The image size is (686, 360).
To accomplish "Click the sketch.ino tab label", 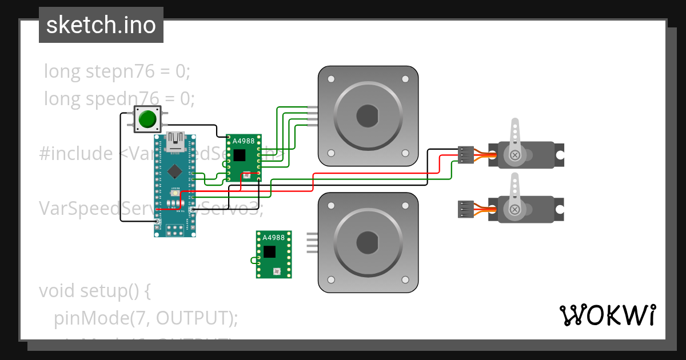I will click(101, 25).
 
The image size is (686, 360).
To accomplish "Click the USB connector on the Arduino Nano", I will click(175, 140).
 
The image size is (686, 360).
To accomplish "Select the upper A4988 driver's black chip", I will click(239, 155).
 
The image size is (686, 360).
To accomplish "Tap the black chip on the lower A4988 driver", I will click(269, 251).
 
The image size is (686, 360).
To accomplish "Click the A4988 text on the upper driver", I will click(244, 141).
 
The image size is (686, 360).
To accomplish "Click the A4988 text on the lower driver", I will click(274, 238).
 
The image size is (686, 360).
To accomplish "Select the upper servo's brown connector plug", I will click(466, 155).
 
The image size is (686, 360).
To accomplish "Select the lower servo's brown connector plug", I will click(466, 210).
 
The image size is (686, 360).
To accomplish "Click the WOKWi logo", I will click(607, 315).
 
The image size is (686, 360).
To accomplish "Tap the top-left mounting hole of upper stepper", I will click(330, 78).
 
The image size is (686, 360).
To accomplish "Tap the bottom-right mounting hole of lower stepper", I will click(405, 279).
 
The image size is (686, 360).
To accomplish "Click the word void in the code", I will click(58, 291).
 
